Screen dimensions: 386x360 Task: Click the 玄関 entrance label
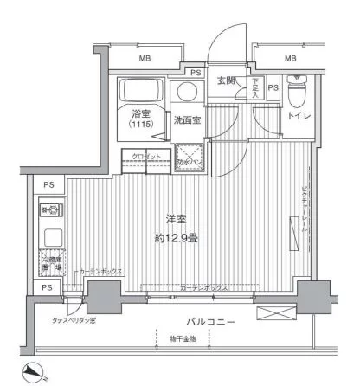coord(226,81)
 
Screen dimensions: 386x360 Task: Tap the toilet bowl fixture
coord(297,89)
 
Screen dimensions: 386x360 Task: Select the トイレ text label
coord(300,115)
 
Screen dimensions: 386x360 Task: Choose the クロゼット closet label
coord(146,156)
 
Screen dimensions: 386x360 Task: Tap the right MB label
coord(290,58)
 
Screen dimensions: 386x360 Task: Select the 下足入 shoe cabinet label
coord(255,87)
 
